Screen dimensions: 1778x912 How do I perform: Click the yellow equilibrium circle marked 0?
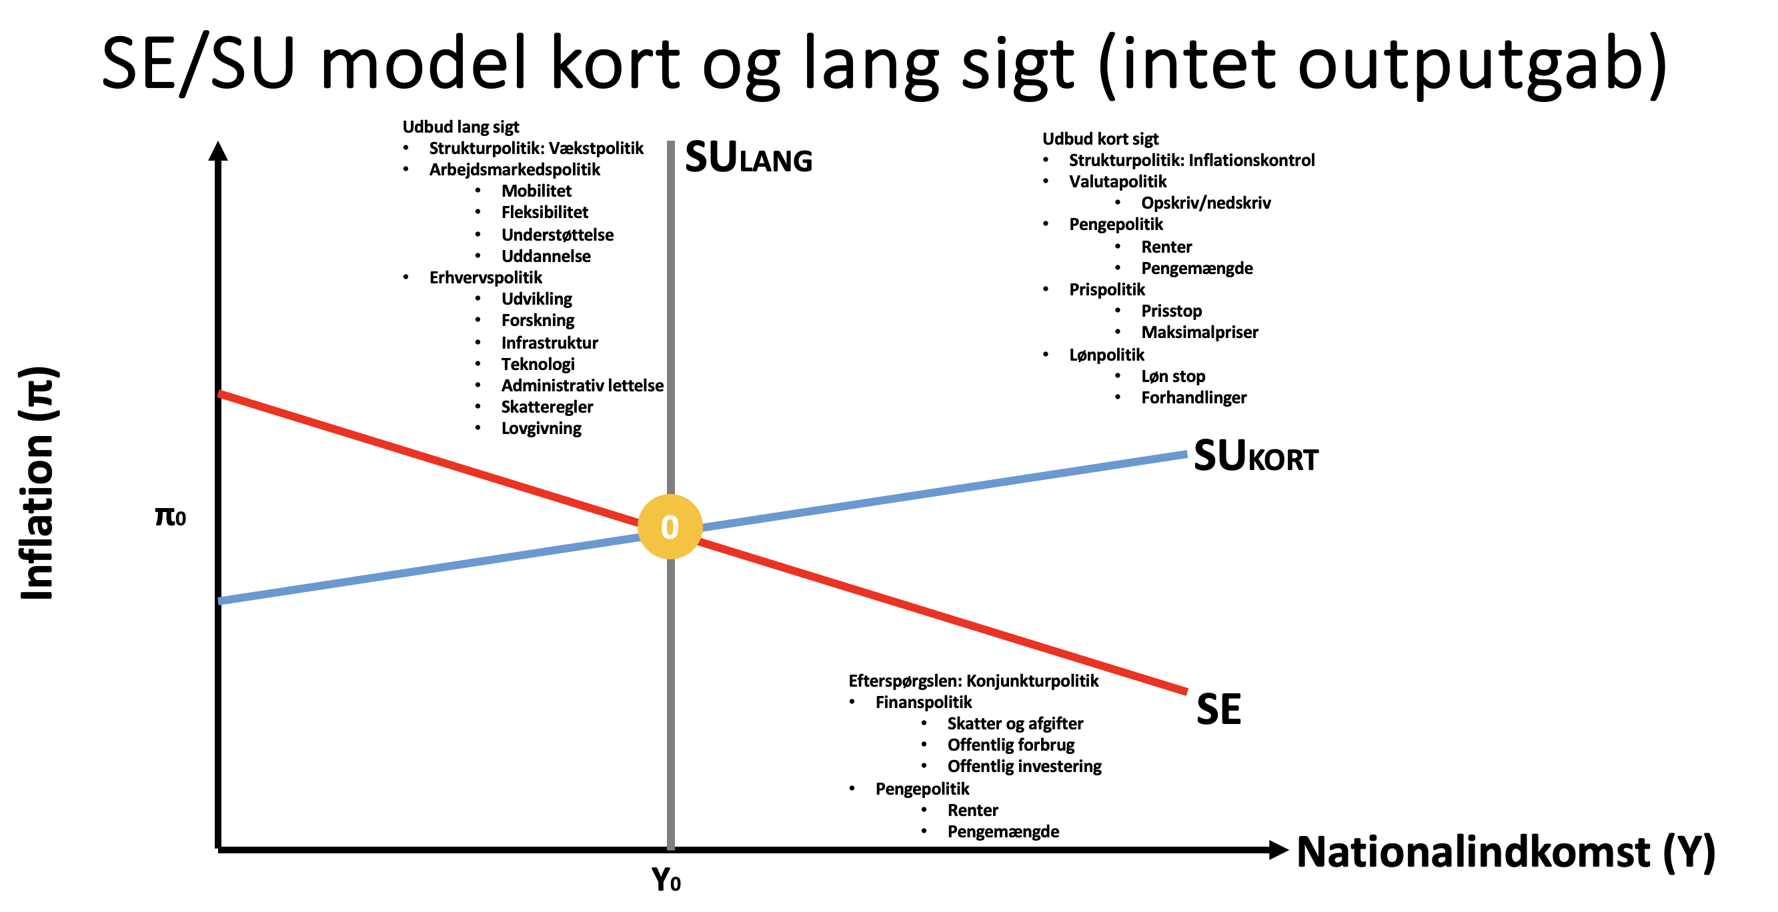pyautogui.click(x=670, y=527)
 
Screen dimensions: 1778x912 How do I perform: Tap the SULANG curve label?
pyautogui.click(x=748, y=157)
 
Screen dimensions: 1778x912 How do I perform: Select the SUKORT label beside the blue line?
pyautogui.click(x=1256, y=456)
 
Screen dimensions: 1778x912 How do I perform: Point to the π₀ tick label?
pyautogui.click(x=171, y=516)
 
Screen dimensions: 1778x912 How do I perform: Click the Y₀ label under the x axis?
pyautogui.click(x=666, y=879)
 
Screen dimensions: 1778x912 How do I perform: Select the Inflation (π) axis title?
pyautogui.click(x=39, y=483)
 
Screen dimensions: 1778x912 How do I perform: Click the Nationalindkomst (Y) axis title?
pyautogui.click(x=1505, y=852)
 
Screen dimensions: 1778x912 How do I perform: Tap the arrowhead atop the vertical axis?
pyautogui.click(x=218, y=151)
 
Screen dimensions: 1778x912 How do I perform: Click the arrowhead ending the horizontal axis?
pyautogui.click(x=1278, y=850)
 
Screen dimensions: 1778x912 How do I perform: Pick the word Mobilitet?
pyautogui.click(x=536, y=191)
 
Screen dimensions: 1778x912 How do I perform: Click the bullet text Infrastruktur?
pyautogui.click(x=550, y=343)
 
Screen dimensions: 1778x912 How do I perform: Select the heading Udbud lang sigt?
pyautogui.click(x=460, y=127)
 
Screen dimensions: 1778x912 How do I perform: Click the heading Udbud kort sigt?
pyautogui.click(x=1100, y=139)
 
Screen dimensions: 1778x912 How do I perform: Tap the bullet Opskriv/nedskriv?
pyautogui.click(x=1206, y=203)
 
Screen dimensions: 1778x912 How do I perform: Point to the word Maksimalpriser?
pyautogui.click(x=1200, y=333)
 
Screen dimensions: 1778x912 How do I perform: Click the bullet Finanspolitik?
pyautogui.click(x=924, y=702)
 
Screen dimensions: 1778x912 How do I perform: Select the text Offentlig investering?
pyautogui.click(x=1024, y=767)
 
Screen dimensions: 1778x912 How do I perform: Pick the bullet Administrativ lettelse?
pyautogui.click(x=582, y=385)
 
